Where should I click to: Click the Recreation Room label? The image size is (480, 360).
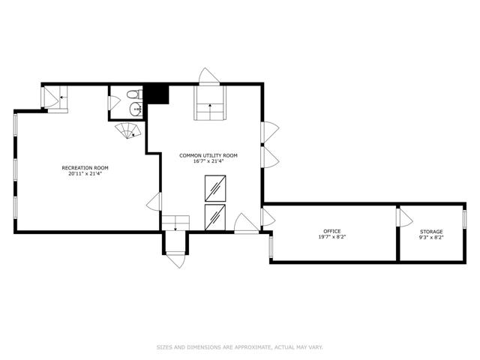click(x=85, y=168)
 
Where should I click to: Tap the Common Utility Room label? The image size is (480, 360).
click(x=208, y=155)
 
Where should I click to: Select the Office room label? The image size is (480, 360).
click(x=332, y=231)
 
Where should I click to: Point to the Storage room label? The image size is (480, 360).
click(x=431, y=232)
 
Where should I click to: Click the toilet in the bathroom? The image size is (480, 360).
click(x=135, y=94)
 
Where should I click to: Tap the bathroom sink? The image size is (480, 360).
click(x=136, y=109)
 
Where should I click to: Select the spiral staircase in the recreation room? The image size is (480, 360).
click(x=128, y=130)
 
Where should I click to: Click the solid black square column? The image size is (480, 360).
click(x=157, y=94)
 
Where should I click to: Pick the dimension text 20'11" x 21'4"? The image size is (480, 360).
click(x=85, y=173)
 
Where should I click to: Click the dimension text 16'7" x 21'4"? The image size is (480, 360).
click(x=208, y=161)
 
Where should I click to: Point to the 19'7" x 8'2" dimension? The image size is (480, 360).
click(x=332, y=237)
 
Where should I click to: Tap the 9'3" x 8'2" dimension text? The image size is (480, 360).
click(x=431, y=237)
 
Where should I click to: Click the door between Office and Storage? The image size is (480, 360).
click(x=404, y=217)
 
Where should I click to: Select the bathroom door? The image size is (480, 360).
click(x=114, y=103)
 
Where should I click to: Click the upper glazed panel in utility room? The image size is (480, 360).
click(x=215, y=188)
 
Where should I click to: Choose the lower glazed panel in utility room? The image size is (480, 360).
click(x=215, y=217)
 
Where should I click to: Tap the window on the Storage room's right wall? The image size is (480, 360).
click(x=464, y=219)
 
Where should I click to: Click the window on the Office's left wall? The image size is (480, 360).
click(x=271, y=247)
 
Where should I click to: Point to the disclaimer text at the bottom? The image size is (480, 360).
click(x=240, y=347)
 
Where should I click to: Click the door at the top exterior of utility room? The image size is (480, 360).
click(x=209, y=76)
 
